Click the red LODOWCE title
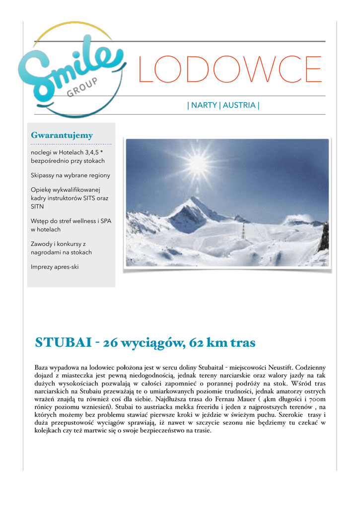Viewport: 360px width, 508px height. [230, 69]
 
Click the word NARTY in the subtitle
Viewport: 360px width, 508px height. [204, 105]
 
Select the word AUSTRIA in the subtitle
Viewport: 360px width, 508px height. [239, 105]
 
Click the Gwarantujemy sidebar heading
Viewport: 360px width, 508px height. [62, 135]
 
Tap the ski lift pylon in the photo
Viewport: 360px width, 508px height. [243, 230]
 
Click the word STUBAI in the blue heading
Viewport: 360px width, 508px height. [56, 342]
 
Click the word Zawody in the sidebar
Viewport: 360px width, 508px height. [43, 244]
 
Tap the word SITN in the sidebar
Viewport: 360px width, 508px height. [37, 206]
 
